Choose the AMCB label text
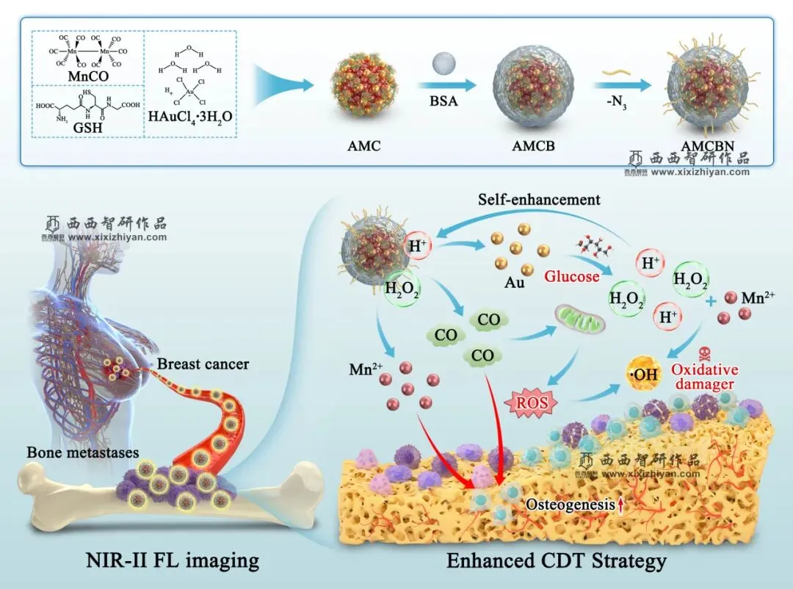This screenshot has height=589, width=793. [533, 145]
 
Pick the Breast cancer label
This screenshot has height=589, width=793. [203, 365]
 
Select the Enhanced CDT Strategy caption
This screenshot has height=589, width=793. [557, 561]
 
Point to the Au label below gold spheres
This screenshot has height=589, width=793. [515, 281]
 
